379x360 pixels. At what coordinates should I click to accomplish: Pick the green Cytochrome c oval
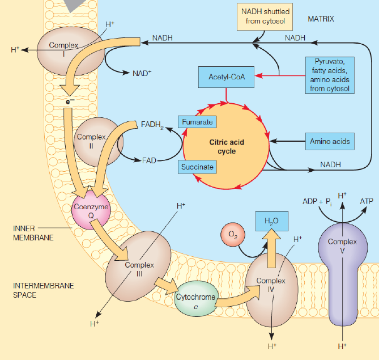point(195,300)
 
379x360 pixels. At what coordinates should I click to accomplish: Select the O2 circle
point(231,234)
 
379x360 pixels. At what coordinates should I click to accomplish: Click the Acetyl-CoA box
point(226,77)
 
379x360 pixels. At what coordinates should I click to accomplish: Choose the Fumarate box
point(198,122)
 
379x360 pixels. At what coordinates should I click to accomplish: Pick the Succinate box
point(198,167)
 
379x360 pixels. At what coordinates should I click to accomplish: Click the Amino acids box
point(330,141)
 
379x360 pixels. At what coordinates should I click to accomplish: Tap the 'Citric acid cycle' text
point(226,147)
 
